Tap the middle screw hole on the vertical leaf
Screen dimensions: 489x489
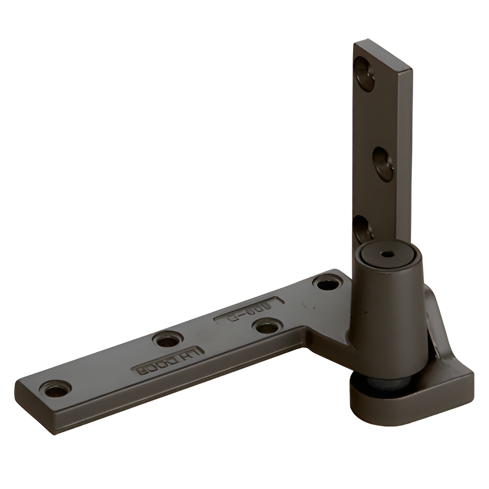click(x=383, y=161)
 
